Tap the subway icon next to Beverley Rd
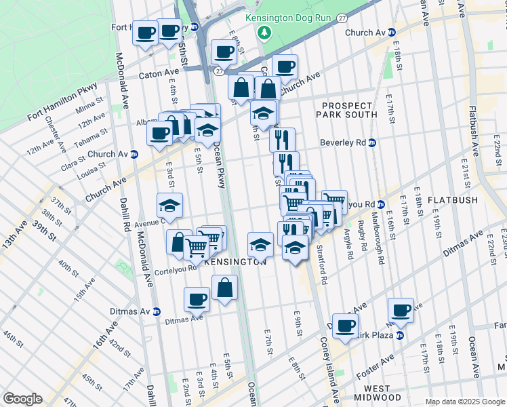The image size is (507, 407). pyautogui.click(x=373, y=143)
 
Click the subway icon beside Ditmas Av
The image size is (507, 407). pyautogui.click(x=157, y=311)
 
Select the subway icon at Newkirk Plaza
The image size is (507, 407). pyautogui.click(x=400, y=334)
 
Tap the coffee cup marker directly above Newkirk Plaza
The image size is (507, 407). pyautogui.click(x=401, y=309)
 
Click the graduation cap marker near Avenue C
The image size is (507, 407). pyautogui.click(x=169, y=204)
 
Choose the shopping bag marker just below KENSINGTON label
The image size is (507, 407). pyautogui.click(x=224, y=287)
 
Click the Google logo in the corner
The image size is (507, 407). pyautogui.click(x=23, y=399)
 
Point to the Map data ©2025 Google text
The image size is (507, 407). pyautogui.click(x=465, y=402)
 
